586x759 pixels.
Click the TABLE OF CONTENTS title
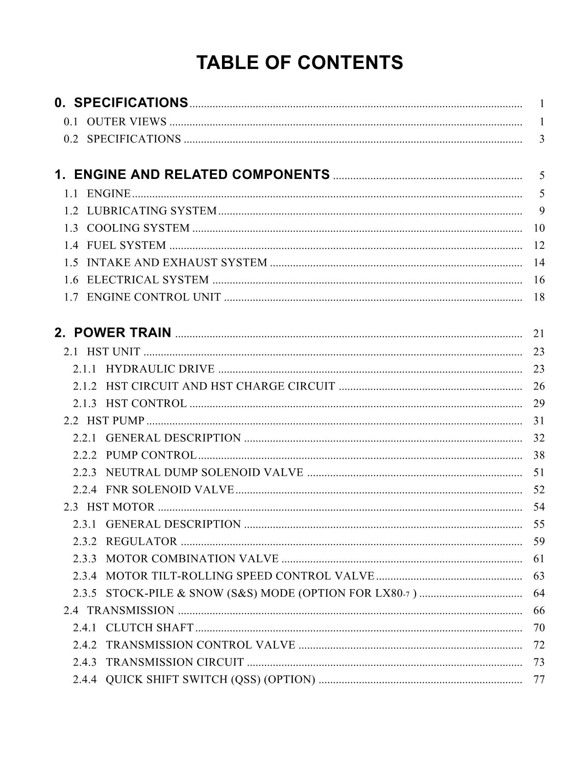pyautogui.click(x=299, y=63)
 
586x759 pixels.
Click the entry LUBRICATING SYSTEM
pyautogui.click(x=151, y=211)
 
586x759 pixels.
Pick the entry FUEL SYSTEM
pyautogui.click(x=126, y=245)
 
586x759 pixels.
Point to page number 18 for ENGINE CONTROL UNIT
pyautogui.click(x=539, y=297)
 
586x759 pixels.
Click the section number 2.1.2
pyautogui.click(x=85, y=386)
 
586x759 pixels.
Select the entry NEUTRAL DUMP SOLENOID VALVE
pyautogui.click(x=204, y=472)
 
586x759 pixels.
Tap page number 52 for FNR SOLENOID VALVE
pyautogui.click(x=539, y=490)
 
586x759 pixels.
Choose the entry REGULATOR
pyautogui.click(x=141, y=541)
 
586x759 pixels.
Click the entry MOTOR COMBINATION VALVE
pyautogui.click(x=192, y=559)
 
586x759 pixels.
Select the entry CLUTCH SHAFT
pyautogui.click(x=149, y=628)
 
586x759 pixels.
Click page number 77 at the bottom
pyautogui.click(x=539, y=679)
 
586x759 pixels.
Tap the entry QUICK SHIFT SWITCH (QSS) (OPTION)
pyautogui.click(x=210, y=679)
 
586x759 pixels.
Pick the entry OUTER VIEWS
pyautogui.click(x=126, y=122)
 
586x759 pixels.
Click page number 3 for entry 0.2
pyautogui.click(x=542, y=139)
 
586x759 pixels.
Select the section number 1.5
pyautogui.click(x=71, y=263)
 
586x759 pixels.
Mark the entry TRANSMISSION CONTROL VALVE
pyautogui.click(x=200, y=645)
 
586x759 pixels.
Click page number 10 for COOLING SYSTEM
pyautogui.click(x=539, y=228)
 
